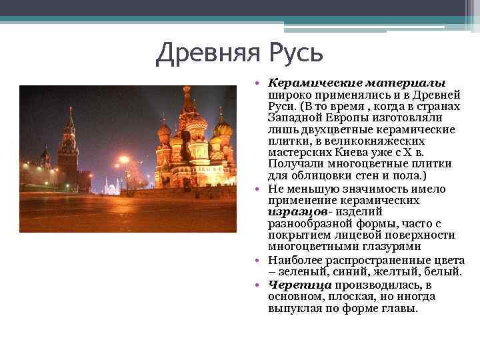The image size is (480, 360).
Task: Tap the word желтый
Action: click(393, 272)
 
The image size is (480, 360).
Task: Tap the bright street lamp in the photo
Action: click(123, 161)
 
